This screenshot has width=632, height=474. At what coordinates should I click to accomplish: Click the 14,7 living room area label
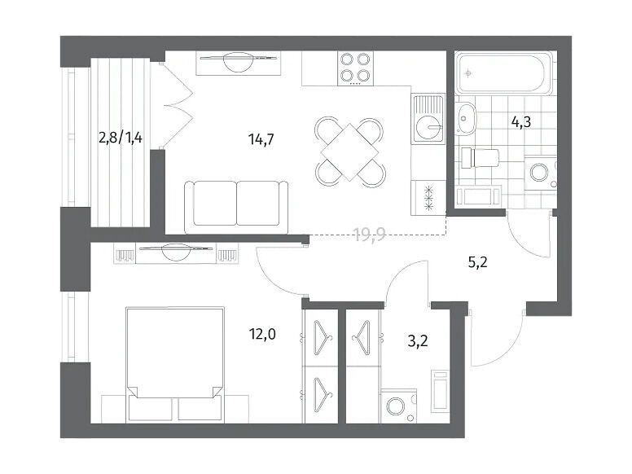pyautogui.click(x=261, y=139)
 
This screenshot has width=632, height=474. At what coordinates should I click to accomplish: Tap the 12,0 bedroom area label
pyautogui.click(x=262, y=334)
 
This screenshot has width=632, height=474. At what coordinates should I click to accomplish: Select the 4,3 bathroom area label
pyautogui.click(x=521, y=121)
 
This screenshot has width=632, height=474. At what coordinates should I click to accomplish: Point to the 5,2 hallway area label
pyautogui.click(x=477, y=263)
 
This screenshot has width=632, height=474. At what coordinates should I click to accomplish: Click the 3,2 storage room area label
pyautogui.click(x=418, y=341)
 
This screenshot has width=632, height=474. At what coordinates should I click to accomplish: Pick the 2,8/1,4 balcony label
pyautogui.click(x=120, y=138)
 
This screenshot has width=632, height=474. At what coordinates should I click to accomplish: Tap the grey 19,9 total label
pyautogui.click(x=370, y=234)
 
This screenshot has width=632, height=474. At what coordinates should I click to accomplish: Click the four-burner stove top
pyautogui.click(x=355, y=68)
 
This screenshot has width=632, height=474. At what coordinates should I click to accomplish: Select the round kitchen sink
pyautogui.click(x=428, y=126)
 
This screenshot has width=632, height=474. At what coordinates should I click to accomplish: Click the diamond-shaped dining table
pyautogui.click(x=350, y=152)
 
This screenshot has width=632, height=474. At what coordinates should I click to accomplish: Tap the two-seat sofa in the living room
pyautogui.click(x=236, y=207)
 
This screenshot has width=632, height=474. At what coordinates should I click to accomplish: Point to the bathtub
pyautogui.click(x=503, y=73)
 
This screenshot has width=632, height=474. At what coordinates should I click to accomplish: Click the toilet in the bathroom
pyautogui.click(x=480, y=158)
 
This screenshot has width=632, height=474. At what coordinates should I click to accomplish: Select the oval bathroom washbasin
pyautogui.click(x=466, y=119)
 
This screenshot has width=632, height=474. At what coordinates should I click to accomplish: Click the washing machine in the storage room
pyautogui.click(x=398, y=406)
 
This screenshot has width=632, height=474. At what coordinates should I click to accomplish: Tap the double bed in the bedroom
pyautogui.click(x=174, y=365)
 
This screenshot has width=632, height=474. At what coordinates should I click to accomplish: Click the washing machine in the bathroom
pyautogui.click(x=541, y=173)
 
